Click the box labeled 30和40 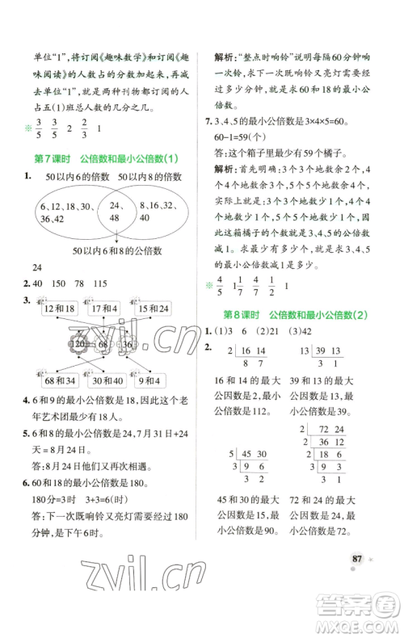coord(106,380)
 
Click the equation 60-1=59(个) coord(244,134)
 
